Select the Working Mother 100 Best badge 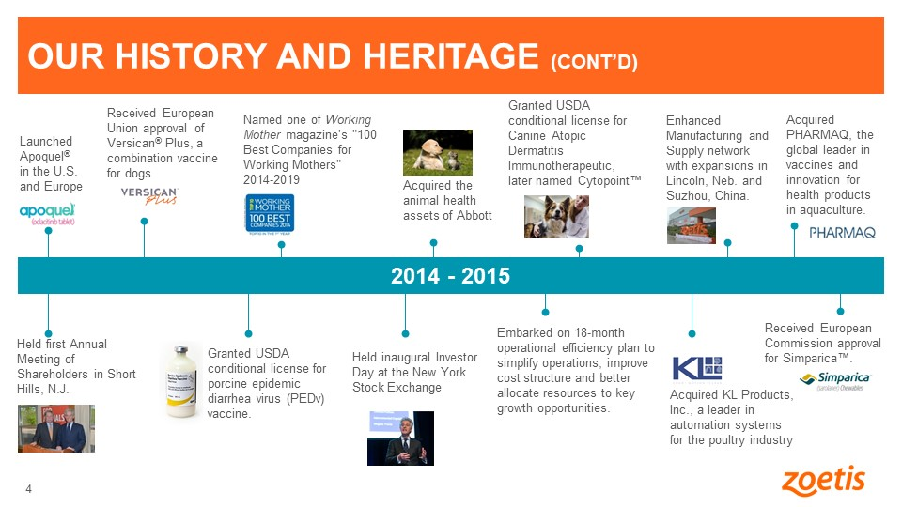270,217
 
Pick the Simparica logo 835,379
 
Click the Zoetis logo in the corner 823,481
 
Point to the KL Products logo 697,367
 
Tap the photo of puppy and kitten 437,152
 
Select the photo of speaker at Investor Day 400,438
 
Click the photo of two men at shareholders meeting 56,428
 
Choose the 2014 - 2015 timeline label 450,276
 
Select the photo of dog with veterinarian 556,216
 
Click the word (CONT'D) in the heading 594,62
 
